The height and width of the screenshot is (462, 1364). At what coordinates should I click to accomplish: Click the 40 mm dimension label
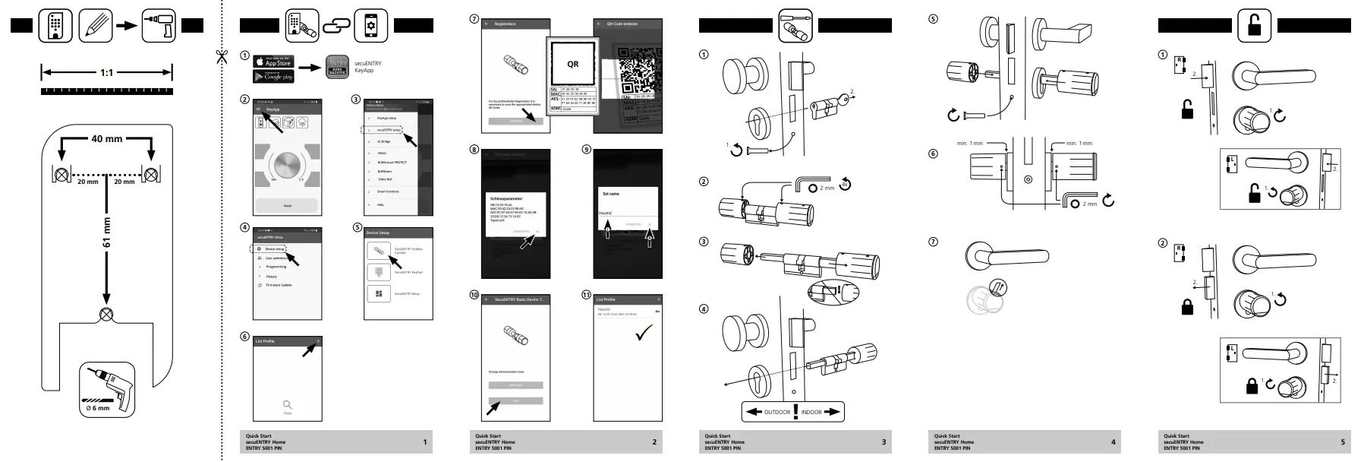[x=107, y=139]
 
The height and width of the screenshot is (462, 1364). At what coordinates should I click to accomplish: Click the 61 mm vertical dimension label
[x=107, y=233]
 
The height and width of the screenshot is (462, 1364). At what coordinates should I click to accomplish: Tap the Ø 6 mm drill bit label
[x=97, y=408]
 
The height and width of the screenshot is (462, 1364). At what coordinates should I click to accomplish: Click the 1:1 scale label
[x=107, y=73]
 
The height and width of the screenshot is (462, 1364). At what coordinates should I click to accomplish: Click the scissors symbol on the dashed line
[x=222, y=57]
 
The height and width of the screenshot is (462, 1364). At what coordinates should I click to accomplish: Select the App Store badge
[x=273, y=62]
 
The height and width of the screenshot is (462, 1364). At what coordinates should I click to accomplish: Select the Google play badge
[x=273, y=77]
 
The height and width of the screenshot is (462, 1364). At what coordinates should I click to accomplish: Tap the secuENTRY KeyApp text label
[x=368, y=67]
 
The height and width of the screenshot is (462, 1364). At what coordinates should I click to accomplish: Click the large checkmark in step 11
[x=644, y=333]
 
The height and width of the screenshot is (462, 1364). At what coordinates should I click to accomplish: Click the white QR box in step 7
[x=573, y=65]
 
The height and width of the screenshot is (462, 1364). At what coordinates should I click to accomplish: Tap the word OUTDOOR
[x=777, y=412]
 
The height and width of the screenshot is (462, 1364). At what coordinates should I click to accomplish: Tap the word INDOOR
[x=811, y=412]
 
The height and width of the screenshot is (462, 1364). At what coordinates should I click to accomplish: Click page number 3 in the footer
[x=884, y=442]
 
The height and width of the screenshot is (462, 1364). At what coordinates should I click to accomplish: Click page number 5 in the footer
[x=1342, y=442]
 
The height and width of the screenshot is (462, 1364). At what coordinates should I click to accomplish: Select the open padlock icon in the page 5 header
[x=1254, y=26]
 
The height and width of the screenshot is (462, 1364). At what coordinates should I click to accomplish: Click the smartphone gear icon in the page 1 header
[x=370, y=26]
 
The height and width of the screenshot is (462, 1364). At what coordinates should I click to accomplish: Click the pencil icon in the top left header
[x=96, y=26]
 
